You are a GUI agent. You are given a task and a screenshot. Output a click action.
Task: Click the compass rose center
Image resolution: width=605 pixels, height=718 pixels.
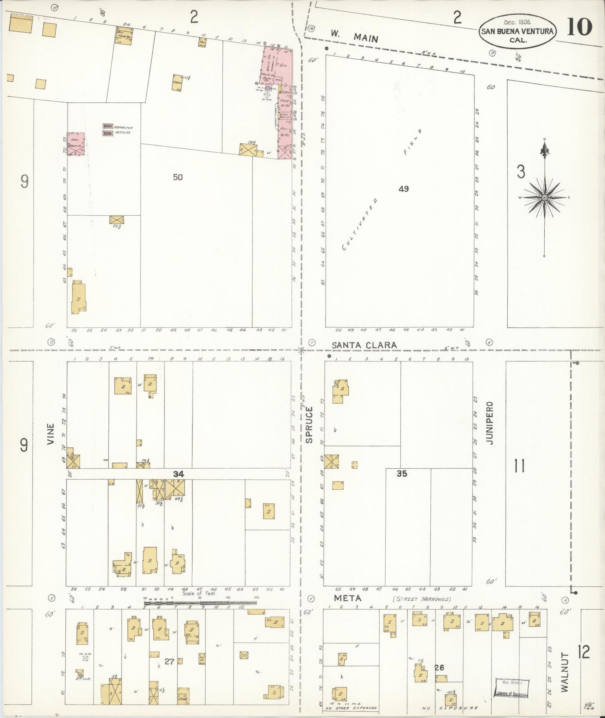(x=544, y=197)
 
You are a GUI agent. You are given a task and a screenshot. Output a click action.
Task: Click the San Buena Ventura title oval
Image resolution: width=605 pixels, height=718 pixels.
(x=517, y=31)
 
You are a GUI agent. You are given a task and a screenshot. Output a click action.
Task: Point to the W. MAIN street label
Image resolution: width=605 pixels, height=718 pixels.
(x=354, y=36)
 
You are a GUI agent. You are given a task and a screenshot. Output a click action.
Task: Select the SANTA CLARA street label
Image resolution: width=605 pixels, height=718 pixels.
(x=364, y=345)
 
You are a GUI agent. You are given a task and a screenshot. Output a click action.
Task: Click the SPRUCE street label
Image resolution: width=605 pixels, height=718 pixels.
(x=309, y=425)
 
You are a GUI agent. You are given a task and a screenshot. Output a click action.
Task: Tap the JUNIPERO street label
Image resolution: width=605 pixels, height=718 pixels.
(x=489, y=423)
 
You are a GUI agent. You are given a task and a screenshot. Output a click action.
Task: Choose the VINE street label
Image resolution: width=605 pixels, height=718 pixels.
(x=51, y=434)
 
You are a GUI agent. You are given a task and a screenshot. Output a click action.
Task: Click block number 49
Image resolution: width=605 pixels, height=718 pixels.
(x=403, y=189)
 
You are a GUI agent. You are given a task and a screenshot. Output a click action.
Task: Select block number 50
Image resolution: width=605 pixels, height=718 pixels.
(x=178, y=177)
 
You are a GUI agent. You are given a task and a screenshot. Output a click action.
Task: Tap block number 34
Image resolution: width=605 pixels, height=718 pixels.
(x=179, y=474)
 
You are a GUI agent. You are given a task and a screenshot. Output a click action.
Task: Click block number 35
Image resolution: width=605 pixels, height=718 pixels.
(x=402, y=474)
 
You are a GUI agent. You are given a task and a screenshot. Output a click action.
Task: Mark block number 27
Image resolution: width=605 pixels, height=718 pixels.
(x=169, y=661)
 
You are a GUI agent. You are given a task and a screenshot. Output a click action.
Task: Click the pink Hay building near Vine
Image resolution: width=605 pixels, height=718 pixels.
(x=76, y=145)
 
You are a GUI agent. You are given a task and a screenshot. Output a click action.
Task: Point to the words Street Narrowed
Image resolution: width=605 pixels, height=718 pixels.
(x=422, y=599)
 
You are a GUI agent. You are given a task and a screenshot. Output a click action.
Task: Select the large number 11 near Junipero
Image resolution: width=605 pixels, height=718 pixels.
(x=519, y=465)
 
